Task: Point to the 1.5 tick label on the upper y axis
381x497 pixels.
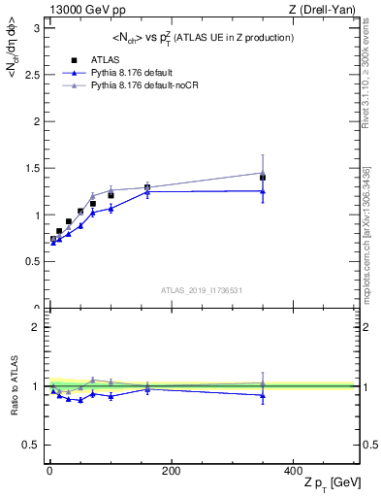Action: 32,168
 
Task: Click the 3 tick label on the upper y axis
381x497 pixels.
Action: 37,27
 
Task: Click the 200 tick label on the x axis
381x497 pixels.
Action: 171,471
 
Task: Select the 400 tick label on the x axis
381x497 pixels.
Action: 292,471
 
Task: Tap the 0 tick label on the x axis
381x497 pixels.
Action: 49,471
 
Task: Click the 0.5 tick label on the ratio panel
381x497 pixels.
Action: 32,445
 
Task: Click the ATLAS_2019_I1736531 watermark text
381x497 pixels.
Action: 202,290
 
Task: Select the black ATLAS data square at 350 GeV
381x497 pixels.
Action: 263,178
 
